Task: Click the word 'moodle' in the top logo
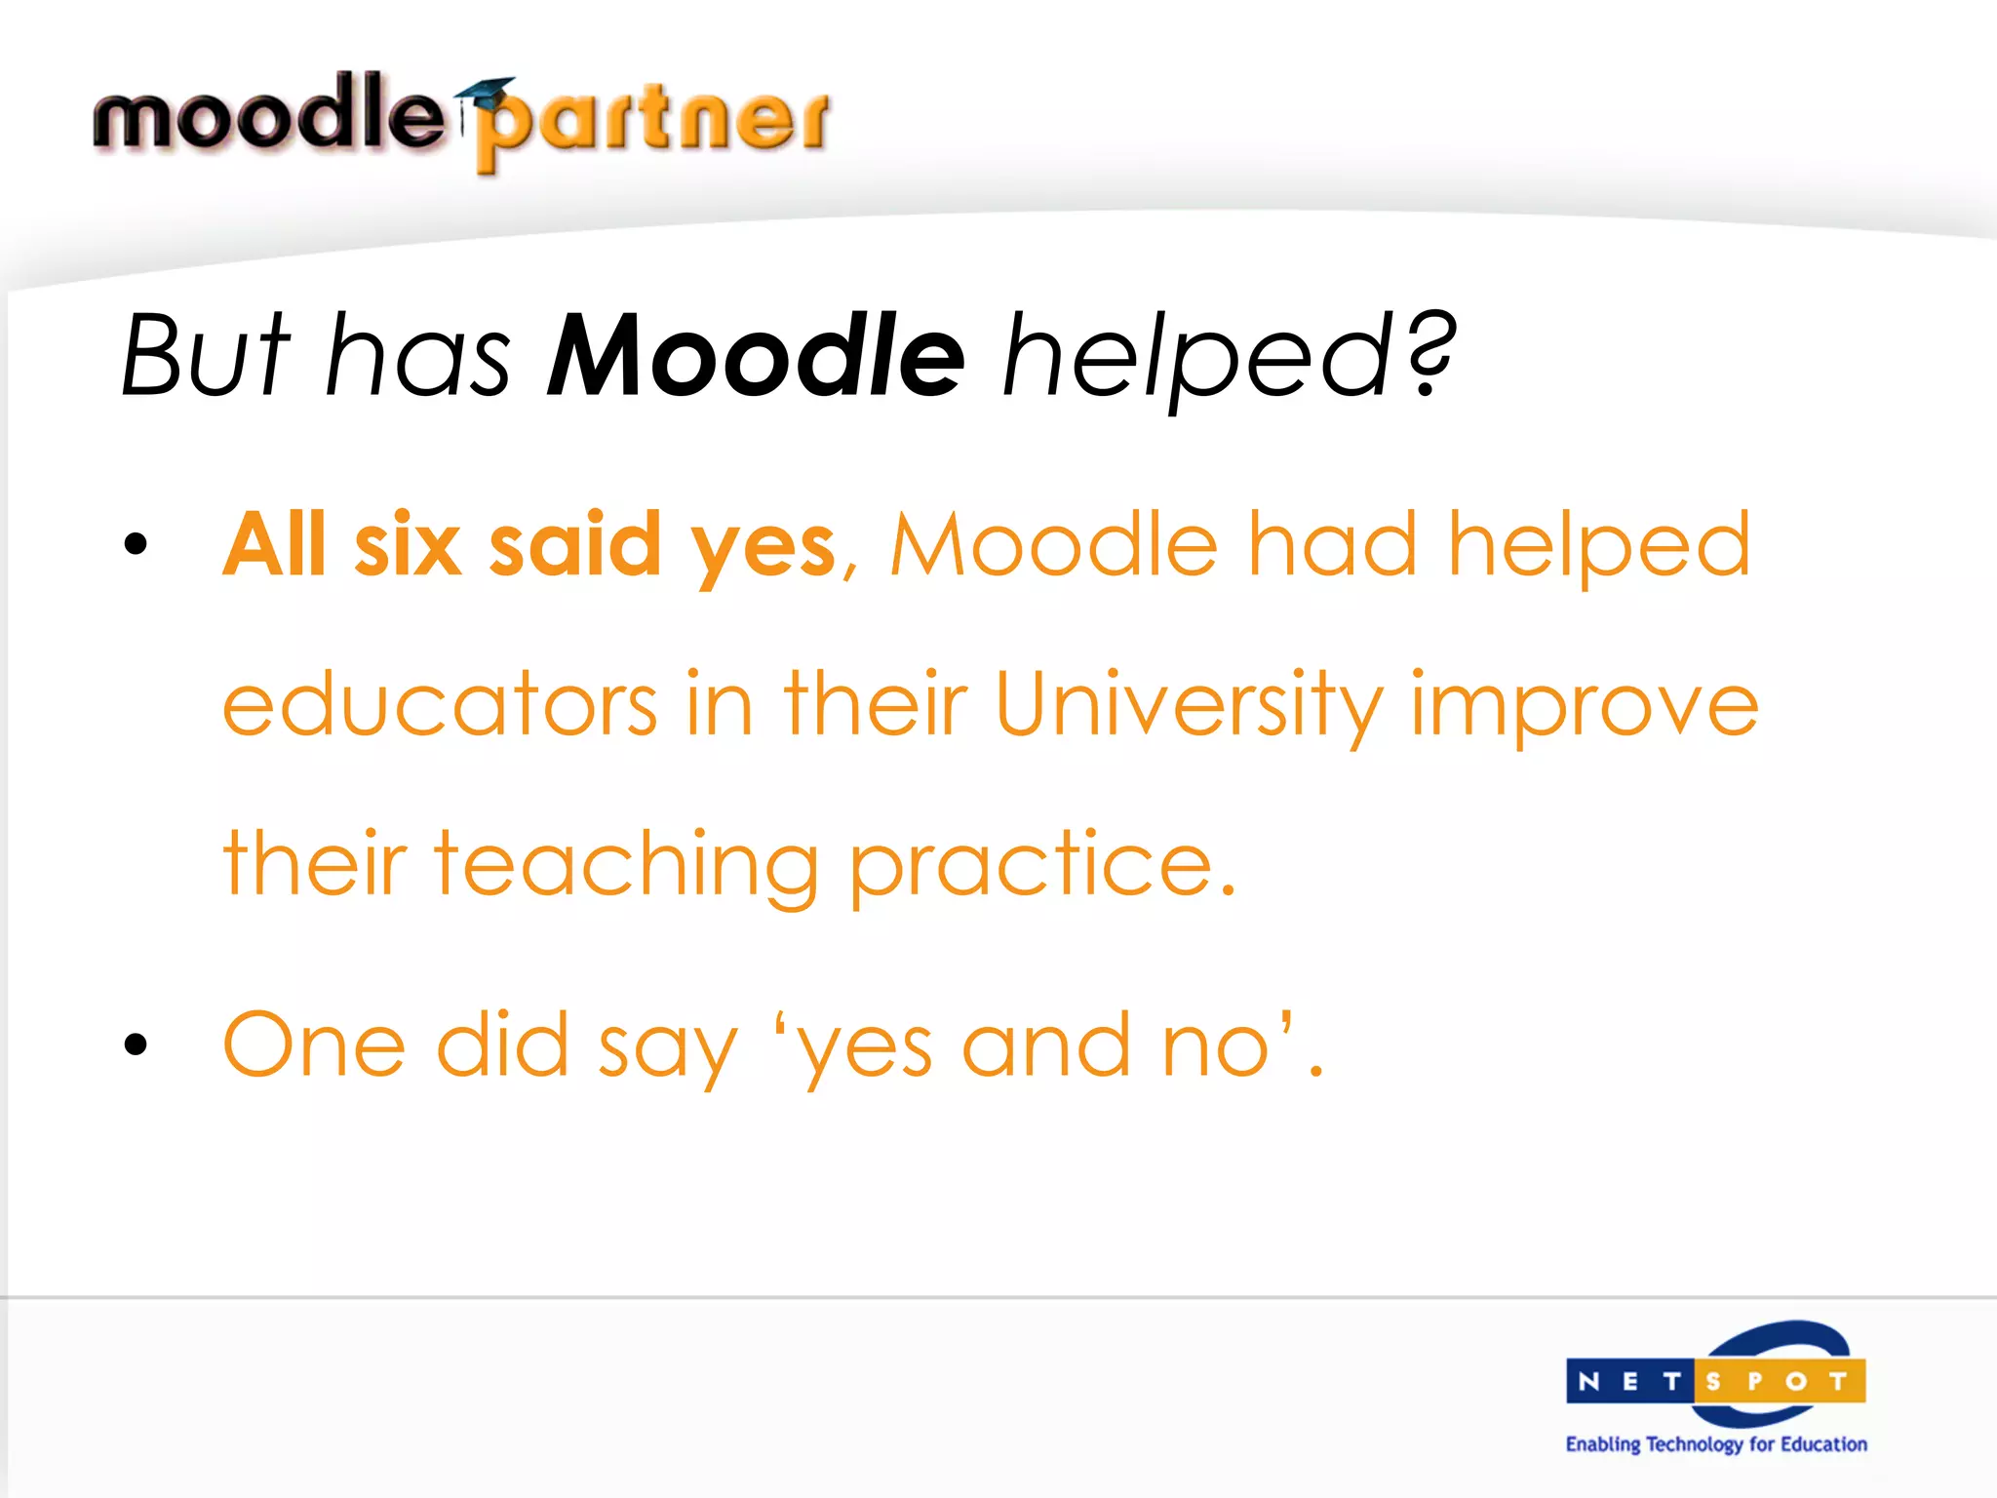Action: point(268,114)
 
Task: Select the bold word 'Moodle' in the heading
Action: point(757,355)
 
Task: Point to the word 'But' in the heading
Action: point(205,355)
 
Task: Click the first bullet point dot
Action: point(136,544)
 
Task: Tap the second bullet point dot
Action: point(136,1045)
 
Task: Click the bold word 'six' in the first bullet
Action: point(407,544)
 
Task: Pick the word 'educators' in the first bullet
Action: point(440,704)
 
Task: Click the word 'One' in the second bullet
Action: point(314,1045)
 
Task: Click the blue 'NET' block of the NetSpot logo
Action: point(1629,1381)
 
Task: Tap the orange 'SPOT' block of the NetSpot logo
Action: point(1779,1381)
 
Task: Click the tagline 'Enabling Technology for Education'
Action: point(1716,1444)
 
